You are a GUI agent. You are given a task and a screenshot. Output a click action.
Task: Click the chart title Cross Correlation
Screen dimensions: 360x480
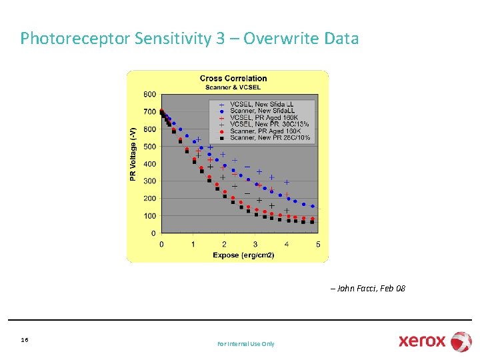[x=233, y=79]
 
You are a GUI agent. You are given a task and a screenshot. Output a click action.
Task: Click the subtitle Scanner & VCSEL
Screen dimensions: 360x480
[x=233, y=87]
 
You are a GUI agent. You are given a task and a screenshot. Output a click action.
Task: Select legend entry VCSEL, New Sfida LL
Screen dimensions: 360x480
[x=261, y=105]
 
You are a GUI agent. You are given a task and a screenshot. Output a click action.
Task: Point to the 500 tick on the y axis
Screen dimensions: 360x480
[x=149, y=147]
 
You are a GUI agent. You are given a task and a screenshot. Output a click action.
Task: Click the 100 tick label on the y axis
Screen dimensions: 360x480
[x=149, y=216]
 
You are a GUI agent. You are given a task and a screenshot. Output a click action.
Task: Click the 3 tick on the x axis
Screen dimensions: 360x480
[x=255, y=245]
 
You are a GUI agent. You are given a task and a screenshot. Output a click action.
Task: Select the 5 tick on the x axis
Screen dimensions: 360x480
[x=318, y=245]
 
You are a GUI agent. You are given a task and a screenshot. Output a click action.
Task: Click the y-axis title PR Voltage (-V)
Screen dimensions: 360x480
[x=133, y=154]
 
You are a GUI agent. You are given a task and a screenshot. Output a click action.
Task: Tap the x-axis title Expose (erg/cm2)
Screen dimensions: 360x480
[x=243, y=255]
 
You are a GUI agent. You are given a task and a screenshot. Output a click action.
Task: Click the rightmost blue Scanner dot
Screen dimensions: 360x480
[x=312, y=207]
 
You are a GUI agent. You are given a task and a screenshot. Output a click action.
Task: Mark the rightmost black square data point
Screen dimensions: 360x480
[x=312, y=222]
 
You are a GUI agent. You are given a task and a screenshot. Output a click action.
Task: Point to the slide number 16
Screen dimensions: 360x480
[x=25, y=340]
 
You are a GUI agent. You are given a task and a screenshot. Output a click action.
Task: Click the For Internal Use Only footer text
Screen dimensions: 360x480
[x=245, y=344]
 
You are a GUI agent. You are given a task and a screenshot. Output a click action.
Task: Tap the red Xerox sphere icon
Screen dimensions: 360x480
[x=461, y=341]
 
